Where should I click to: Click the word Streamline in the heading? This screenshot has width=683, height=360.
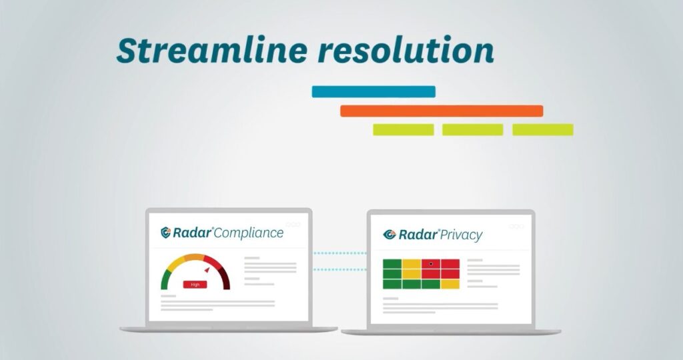(x=211, y=50)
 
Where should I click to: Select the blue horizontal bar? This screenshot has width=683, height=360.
(x=374, y=91)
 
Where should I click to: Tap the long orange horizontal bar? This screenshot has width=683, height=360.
(x=442, y=111)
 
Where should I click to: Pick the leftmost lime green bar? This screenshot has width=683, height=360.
(x=404, y=130)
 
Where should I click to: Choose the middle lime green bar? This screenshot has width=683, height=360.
(x=473, y=130)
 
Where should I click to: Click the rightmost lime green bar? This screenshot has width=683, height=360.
(x=543, y=130)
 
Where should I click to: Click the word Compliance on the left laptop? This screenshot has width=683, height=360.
(x=249, y=233)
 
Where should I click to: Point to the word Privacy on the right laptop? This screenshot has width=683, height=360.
(x=461, y=235)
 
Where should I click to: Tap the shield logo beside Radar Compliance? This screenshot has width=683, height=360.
(x=165, y=233)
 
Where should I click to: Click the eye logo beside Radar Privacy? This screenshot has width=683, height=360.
(x=389, y=235)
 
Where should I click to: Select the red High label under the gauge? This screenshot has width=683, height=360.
(x=195, y=284)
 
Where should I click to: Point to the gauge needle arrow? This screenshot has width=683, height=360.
(x=207, y=270)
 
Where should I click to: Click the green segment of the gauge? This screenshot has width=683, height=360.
(x=166, y=278)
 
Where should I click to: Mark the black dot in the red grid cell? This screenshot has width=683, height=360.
(x=431, y=264)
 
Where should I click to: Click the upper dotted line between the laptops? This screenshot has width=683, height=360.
(x=339, y=253)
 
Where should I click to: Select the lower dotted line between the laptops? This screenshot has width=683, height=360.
(x=339, y=269)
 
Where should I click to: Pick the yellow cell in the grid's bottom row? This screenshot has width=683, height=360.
(x=450, y=284)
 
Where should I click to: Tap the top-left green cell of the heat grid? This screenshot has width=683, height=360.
(x=392, y=264)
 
